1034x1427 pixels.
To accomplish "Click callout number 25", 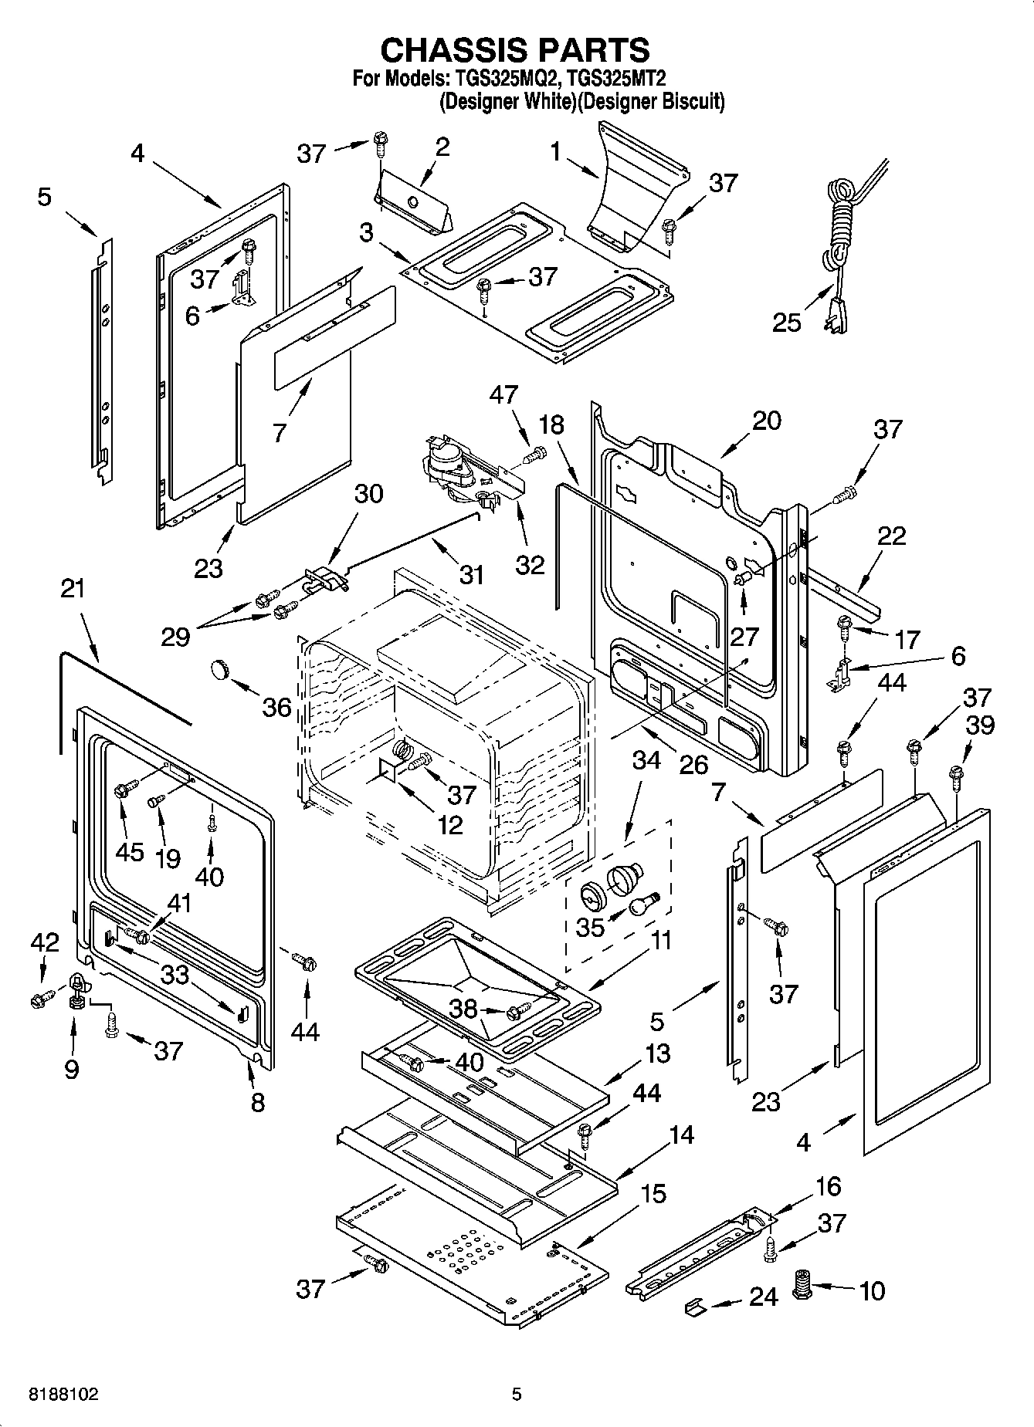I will coord(787,322).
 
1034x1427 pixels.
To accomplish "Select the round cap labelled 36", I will coord(221,669).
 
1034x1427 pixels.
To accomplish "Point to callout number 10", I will coord(872,1291).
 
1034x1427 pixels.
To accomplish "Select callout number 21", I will coord(73,589).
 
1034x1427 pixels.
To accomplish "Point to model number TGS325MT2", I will coord(617,78).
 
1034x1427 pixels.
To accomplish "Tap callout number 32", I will coord(531,565).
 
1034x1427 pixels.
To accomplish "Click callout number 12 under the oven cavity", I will coord(450,824).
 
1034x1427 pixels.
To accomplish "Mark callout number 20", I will coord(766,421).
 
